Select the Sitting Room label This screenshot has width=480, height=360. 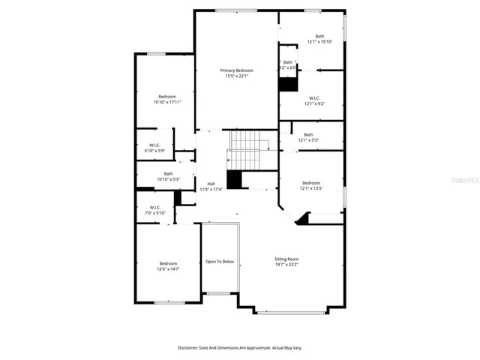point(287,259)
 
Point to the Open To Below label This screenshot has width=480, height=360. point(220,262)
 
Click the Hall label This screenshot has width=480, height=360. point(211,184)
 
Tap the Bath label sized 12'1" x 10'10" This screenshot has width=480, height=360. point(319,36)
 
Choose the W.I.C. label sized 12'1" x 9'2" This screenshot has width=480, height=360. point(314,97)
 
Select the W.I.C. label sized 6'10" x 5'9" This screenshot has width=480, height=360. point(154,145)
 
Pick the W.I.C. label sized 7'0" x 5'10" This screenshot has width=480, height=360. point(154,208)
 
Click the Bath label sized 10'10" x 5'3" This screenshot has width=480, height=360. point(168,173)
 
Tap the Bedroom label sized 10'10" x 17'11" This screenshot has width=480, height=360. point(166,96)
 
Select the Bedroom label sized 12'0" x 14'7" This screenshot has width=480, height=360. point(168,263)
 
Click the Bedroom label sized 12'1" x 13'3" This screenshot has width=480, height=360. point(311,183)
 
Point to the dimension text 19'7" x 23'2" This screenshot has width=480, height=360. point(287,265)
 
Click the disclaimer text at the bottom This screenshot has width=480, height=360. point(239,348)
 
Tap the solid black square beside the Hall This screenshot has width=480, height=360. point(234,180)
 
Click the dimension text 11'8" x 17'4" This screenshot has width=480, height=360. point(211,190)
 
